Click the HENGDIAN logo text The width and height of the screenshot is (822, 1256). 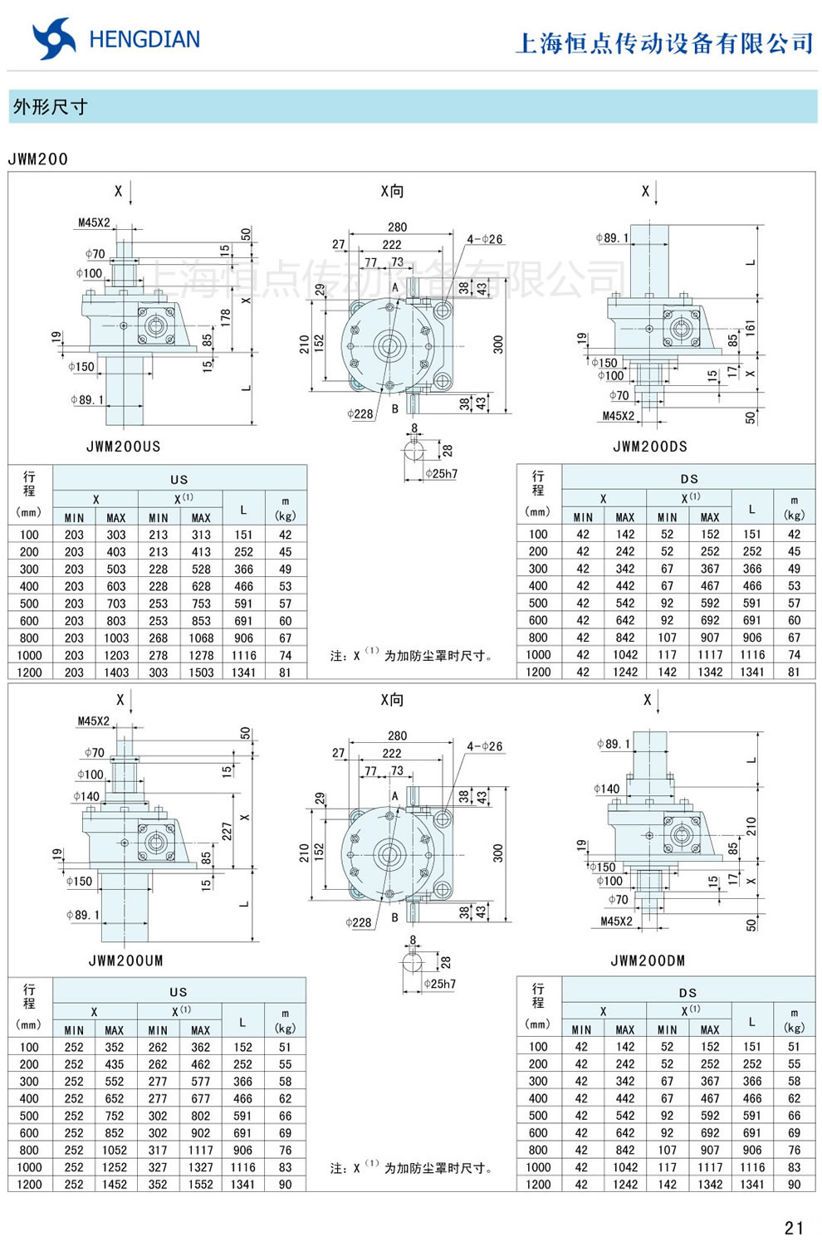click(x=144, y=39)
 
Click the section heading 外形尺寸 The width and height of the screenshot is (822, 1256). click(x=50, y=106)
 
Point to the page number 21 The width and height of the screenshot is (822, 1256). click(x=794, y=1228)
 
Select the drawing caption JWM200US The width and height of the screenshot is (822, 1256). click(x=124, y=447)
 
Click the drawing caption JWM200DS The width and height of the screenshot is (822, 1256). click(x=650, y=447)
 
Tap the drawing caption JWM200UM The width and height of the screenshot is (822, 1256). click(x=125, y=960)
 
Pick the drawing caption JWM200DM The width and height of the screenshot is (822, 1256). click(x=648, y=960)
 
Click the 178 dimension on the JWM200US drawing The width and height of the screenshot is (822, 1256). click(x=225, y=318)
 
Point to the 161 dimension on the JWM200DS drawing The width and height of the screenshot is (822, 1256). click(x=750, y=328)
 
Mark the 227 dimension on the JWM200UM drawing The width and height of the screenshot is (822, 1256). click(x=226, y=831)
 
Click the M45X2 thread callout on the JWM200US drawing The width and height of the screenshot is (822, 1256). click(x=94, y=222)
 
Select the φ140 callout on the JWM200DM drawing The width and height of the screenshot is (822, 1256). click(x=607, y=789)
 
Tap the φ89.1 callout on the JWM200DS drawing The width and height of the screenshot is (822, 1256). click(x=613, y=238)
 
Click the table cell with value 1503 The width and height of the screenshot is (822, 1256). click(x=201, y=672)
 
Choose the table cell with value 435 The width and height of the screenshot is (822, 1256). click(x=115, y=1064)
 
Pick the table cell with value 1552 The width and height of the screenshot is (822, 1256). click(x=200, y=1185)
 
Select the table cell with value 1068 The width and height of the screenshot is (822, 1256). click(x=201, y=638)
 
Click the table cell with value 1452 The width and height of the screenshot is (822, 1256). click(x=115, y=1185)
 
